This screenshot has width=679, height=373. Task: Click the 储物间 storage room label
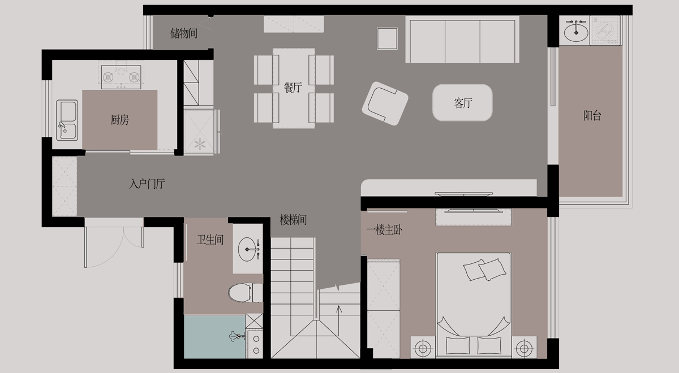click(x=184, y=33)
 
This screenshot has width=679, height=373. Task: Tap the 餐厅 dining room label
click(x=293, y=88)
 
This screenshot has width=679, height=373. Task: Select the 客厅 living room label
click(x=463, y=103)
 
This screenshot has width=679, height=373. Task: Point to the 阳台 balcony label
click(x=592, y=115)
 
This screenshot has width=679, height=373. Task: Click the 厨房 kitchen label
click(x=119, y=120)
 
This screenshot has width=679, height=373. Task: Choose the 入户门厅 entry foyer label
click(x=147, y=184)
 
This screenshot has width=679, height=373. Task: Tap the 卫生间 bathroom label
click(x=210, y=240)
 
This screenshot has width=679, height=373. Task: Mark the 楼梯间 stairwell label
click(x=293, y=220)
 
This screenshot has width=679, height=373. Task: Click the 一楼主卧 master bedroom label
click(x=384, y=230)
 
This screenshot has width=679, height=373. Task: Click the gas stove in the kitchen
click(x=121, y=77)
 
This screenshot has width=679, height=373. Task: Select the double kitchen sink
click(x=67, y=120)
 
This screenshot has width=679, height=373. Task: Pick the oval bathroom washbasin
click(x=247, y=249)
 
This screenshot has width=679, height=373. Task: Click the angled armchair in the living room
click(x=385, y=103)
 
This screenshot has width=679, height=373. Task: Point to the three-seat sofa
click(x=462, y=40)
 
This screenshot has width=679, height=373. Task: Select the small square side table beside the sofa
click(x=387, y=38)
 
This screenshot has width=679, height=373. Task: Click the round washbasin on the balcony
click(x=576, y=31)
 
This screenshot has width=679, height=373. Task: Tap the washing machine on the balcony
click(x=605, y=31)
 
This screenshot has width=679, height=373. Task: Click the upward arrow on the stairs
click(x=339, y=320)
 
